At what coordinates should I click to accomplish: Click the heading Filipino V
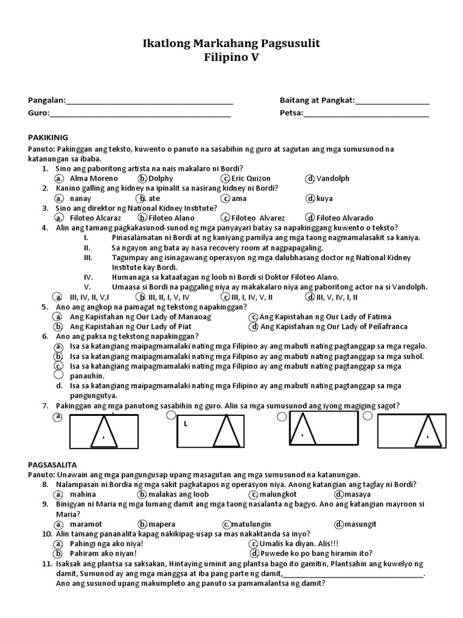231,58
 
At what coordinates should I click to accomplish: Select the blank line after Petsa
366,113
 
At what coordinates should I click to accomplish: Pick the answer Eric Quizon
251,179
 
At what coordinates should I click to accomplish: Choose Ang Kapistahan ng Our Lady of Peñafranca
334,327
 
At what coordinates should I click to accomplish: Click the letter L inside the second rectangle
186,424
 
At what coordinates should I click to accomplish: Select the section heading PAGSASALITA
53,465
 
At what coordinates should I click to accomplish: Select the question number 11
47,563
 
